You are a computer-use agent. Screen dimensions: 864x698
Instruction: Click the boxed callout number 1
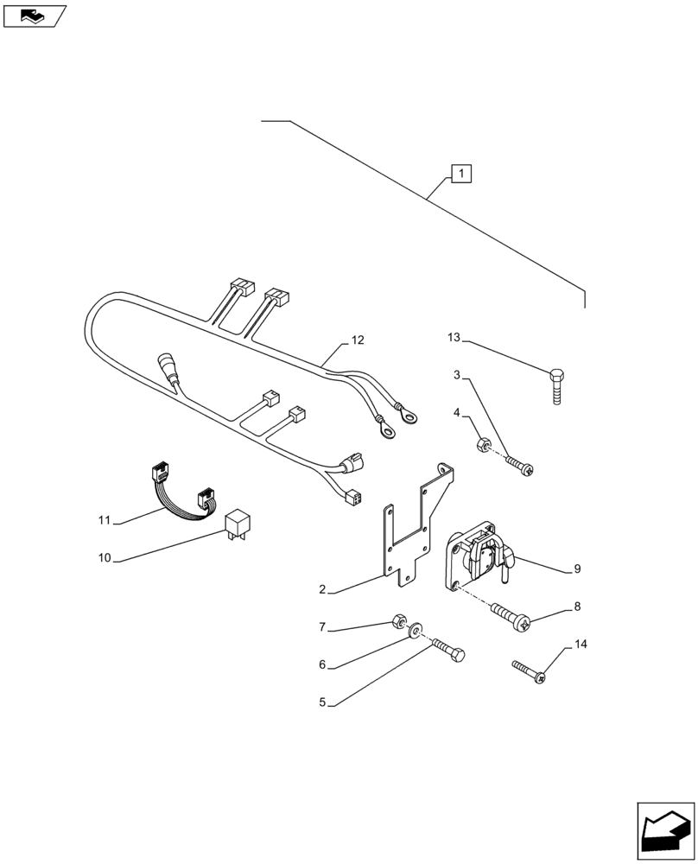(461, 175)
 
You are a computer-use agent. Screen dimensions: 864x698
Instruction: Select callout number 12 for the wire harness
(358, 341)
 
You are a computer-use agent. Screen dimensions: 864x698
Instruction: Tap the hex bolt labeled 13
(557, 386)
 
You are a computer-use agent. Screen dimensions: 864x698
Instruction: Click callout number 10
(105, 558)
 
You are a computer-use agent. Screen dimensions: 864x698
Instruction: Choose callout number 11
(105, 520)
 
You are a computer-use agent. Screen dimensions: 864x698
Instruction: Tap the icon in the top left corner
(34, 15)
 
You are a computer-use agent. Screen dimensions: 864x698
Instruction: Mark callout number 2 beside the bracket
(322, 590)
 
